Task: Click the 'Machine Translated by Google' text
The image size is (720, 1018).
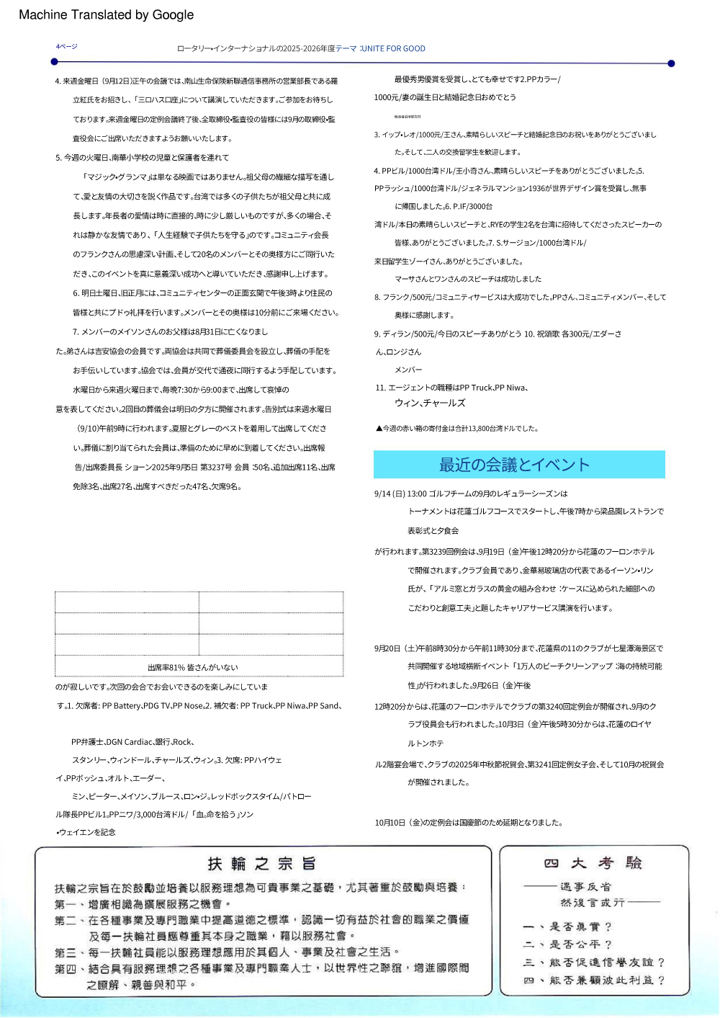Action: pos(106,14)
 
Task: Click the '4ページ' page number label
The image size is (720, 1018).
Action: pos(66,46)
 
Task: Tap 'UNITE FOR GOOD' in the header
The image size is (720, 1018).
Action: pos(393,48)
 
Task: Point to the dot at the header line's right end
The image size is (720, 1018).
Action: pos(671,63)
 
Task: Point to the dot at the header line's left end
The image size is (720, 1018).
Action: pos(54,62)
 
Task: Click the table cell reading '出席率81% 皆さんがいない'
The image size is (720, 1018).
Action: pos(193,667)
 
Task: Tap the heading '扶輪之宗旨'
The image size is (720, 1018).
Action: pos(262,863)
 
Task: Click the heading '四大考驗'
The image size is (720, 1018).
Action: pos(593,863)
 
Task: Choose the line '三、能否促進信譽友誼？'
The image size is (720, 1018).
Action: pos(593,962)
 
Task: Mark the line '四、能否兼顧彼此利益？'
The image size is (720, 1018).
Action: pos(593,980)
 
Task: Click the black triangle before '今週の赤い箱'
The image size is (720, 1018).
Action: pos(379,428)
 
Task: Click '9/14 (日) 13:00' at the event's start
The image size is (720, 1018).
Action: pos(400,494)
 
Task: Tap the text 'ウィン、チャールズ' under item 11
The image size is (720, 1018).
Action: pos(430,403)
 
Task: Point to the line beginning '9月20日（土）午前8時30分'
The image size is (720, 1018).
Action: pos(518,648)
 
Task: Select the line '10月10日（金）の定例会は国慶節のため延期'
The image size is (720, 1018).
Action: pos(469,822)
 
